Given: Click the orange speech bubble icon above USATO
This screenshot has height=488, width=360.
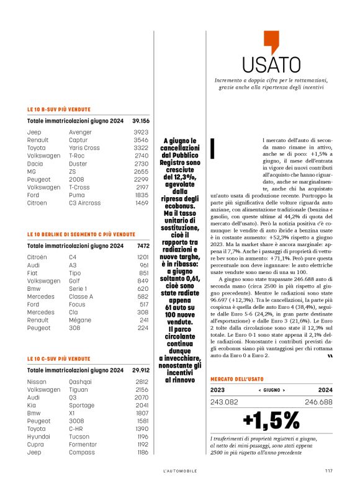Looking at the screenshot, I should click(272, 42).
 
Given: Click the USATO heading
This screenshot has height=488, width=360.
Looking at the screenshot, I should click(271, 65).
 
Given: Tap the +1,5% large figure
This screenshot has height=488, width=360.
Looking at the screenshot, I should click(271, 420).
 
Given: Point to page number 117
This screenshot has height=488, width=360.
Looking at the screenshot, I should click(328, 471).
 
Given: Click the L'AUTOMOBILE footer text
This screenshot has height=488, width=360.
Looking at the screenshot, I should click(181, 471).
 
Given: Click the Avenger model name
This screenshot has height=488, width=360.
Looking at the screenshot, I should click(81, 132).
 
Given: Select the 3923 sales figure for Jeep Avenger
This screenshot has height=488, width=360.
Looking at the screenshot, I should click(141, 132).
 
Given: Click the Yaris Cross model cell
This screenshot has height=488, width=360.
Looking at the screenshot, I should click(84, 148).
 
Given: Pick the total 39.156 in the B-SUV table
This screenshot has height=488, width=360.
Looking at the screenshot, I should click(140, 121).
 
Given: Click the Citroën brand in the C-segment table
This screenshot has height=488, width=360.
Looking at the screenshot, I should click(37, 257).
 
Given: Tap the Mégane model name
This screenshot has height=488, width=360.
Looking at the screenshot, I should click(79, 320).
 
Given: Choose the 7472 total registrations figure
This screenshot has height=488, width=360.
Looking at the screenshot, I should click(142, 246).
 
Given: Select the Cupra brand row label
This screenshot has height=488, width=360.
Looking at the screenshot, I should click(36, 444).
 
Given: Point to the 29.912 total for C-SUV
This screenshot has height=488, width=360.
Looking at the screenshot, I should click(140, 370).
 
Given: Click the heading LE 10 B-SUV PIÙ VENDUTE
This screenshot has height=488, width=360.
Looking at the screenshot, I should click(60, 109).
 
